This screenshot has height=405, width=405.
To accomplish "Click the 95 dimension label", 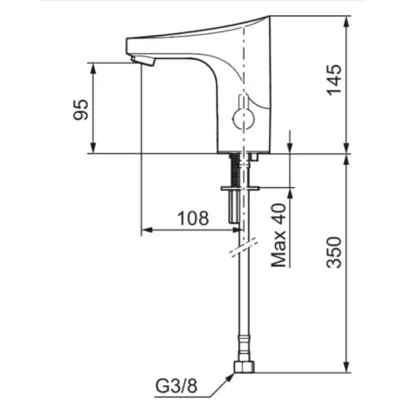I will (82, 108).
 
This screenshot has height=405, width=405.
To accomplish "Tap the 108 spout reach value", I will (192, 218).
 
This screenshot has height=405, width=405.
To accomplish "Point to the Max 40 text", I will (278, 236).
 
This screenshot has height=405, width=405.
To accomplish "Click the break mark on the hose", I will (240, 245).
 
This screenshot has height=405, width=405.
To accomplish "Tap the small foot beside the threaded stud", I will (254, 158).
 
